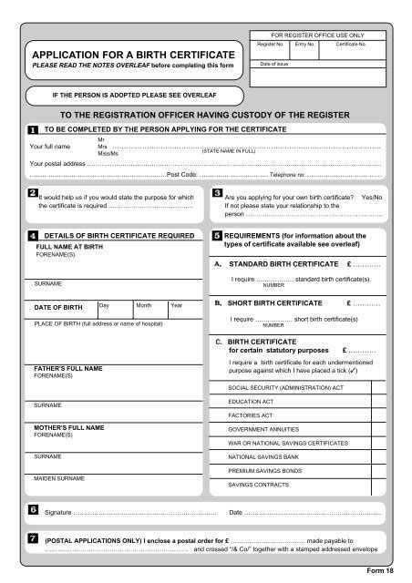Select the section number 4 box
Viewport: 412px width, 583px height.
tap(33, 235)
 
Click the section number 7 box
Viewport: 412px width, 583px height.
tap(33, 539)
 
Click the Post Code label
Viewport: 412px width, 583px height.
tap(182, 173)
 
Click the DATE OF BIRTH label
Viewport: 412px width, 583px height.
tap(58, 308)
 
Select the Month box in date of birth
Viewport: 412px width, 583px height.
tap(149, 309)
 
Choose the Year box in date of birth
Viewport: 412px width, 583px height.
tap(183, 309)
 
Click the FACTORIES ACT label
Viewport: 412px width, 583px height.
tap(250, 414)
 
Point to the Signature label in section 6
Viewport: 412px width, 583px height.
tap(58, 512)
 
